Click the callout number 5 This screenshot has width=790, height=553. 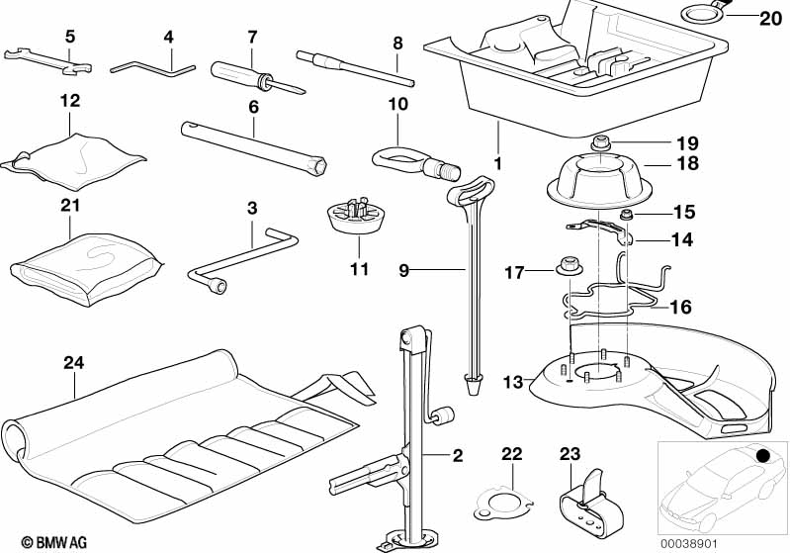pos(69,37)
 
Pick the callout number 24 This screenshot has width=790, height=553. pos(72,361)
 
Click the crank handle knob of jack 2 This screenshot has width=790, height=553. pos(446,413)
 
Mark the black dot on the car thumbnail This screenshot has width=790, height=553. pos(763,456)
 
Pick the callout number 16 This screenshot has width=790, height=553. pos(680,307)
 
